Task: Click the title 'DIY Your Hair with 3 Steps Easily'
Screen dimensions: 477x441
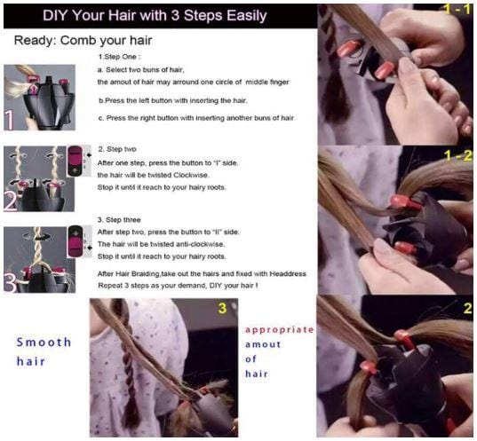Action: click(155, 15)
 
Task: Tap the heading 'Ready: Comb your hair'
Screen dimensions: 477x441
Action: click(83, 41)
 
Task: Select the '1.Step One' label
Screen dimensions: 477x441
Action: click(119, 57)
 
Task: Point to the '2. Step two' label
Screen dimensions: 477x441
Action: click(117, 149)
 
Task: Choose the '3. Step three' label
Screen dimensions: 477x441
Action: click(119, 220)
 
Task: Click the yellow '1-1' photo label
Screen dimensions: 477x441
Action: click(457, 9)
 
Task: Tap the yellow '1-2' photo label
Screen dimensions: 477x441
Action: click(457, 155)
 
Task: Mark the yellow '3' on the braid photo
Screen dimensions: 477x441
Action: click(223, 308)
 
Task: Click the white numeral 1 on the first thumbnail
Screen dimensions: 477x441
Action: click(10, 120)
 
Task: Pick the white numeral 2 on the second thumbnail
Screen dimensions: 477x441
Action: click(11, 201)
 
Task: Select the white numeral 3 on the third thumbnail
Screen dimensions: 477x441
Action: click(11, 283)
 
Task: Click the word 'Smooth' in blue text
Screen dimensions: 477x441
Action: click(44, 343)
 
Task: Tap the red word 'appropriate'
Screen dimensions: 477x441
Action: click(279, 330)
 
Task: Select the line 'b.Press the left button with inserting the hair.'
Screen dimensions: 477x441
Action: click(173, 100)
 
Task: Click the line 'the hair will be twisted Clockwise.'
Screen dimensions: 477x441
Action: click(153, 175)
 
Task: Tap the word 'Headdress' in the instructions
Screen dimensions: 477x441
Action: click(288, 273)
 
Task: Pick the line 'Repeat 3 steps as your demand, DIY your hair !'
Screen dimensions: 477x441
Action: click(178, 286)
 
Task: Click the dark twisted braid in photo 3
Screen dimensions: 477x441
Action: click(128, 362)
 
